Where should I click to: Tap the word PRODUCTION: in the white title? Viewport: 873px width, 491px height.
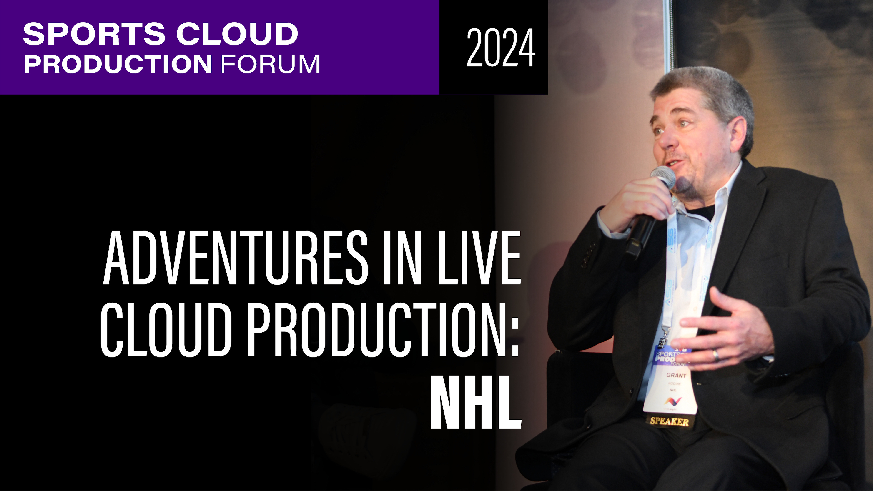[x=383, y=329]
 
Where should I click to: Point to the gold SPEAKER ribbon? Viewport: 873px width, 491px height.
[x=669, y=421]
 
